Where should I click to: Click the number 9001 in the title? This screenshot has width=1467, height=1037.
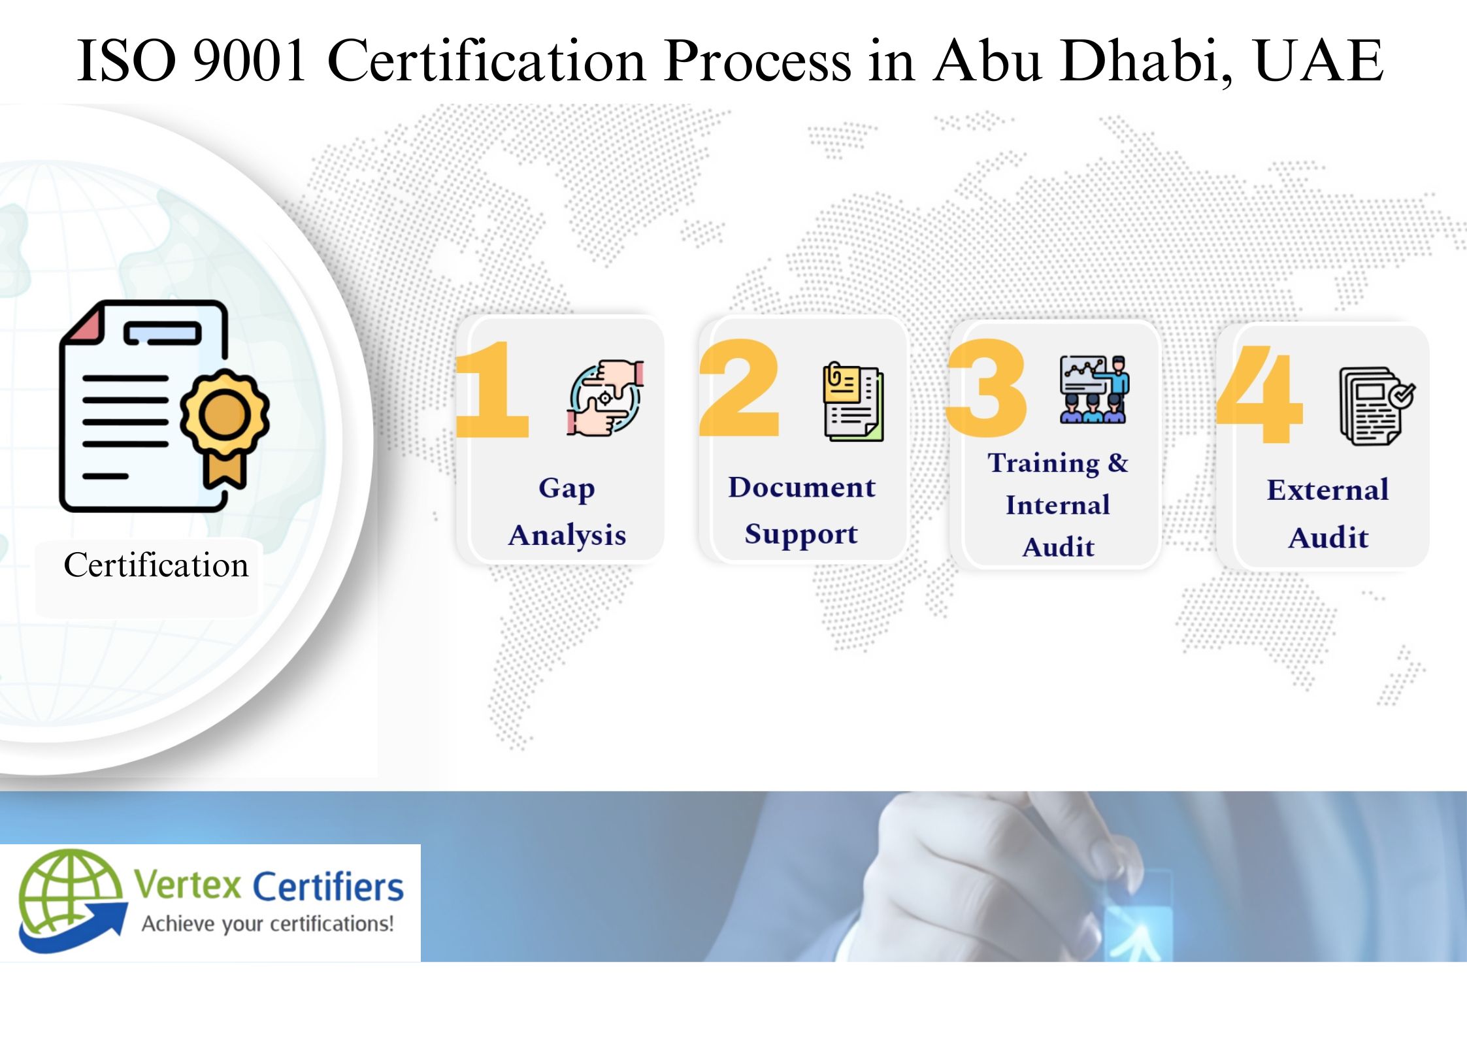250,61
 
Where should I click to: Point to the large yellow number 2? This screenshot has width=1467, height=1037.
740,388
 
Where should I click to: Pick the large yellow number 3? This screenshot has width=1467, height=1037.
987,388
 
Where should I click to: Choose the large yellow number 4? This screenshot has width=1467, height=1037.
1260,394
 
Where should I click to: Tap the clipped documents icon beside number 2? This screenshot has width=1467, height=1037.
853,401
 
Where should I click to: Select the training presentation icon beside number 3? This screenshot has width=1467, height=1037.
1094,389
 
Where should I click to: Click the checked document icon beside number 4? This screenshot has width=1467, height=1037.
1376,405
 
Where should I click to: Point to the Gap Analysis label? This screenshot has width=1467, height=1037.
567,511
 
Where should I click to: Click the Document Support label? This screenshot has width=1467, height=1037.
802,510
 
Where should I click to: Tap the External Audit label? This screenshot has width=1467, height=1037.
1328,514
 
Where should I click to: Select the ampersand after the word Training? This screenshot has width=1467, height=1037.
1118,462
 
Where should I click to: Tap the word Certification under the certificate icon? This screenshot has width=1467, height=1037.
156,565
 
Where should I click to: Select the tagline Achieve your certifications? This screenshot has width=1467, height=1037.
268,924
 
